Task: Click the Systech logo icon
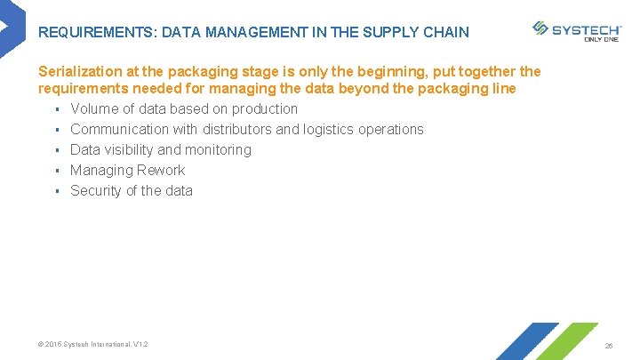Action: (x=540, y=28)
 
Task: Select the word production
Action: (x=264, y=108)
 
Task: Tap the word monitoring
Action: (x=219, y=149)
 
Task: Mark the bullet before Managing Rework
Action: (x=56, y=171)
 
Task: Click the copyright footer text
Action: (x=93, y=344)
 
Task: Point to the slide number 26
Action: (x=609, y=345)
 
